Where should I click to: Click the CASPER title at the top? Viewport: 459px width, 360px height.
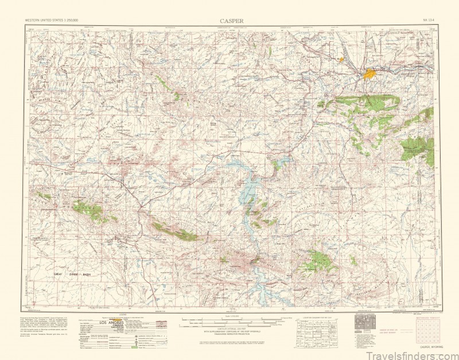pyautogui.click(x=231, y=21)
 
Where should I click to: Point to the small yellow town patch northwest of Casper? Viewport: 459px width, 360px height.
pyautogui.click(x=341, y=58)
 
